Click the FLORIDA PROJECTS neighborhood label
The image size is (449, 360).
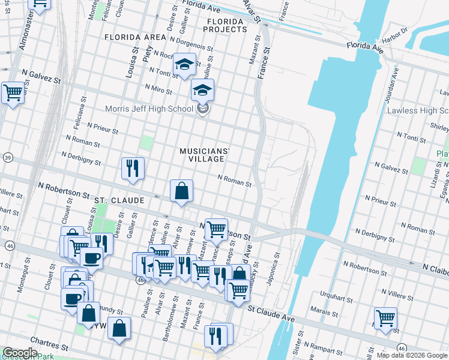pyautogui.click(x=224, y=25)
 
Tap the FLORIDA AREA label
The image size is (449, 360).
pyautogui.click(x=134, y=37)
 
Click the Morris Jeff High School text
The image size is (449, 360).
pyautogui.click(x=148, y=109)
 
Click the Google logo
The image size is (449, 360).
pyautogui.click(x=19, y=353)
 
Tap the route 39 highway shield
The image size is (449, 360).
pyautogui.click(x=7, y=157)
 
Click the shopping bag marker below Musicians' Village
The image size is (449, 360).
pyautogui.click(x=181, y=191)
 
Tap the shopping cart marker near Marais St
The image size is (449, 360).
pyautogui.click(x=385, y=318)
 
